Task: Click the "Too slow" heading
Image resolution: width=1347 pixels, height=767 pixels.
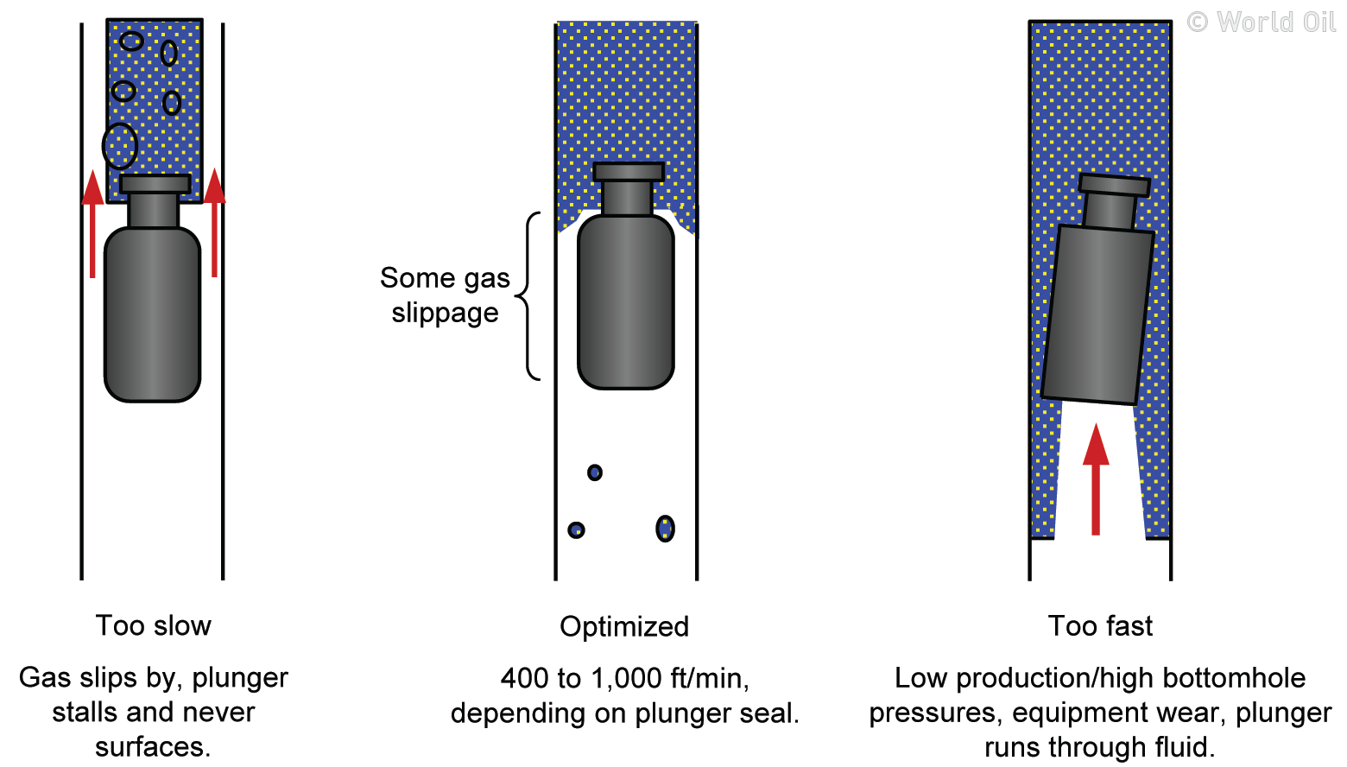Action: [x=153, y=625]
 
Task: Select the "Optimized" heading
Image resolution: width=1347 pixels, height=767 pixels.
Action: [x=623, y=626]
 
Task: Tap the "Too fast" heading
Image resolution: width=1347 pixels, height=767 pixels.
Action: [x=1099, y=625]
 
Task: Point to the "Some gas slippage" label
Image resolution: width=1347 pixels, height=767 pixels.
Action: [x=445, y=295]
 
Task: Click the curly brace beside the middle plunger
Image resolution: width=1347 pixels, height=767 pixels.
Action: [x=528, y=296]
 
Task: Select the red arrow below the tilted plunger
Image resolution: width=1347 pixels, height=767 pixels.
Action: [x=1096, y=479]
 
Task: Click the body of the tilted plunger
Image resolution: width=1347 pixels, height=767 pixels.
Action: [x=1097, y=315]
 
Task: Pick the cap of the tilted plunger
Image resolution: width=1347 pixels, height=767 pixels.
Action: [x=1115, y=185]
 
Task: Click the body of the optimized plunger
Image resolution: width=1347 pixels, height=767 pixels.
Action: [x=625, y=302]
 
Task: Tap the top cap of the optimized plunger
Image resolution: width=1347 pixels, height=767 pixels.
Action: [x=629, y=172]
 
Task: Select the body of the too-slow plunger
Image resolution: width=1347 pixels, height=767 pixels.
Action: [x=152, y=314]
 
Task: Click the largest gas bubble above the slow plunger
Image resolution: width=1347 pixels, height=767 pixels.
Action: [x=120, y=145]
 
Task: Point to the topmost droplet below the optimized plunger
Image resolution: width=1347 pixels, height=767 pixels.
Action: [x=595, y=472]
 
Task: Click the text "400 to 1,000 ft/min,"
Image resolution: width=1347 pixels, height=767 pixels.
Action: [x=624, y=678]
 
